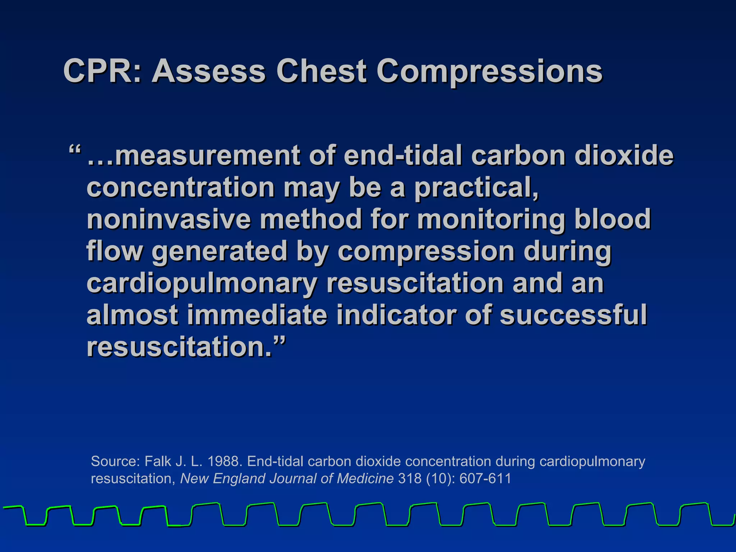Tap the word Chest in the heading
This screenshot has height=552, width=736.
coord(321,71)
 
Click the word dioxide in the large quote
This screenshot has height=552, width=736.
coord(624,155)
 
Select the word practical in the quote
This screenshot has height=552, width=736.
coord(476,188)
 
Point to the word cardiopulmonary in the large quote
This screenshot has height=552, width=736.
coord(202,283)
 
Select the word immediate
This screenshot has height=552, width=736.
coord(257,315)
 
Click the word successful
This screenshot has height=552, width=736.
coord(573,315)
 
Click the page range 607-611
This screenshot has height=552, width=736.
coord(485,478)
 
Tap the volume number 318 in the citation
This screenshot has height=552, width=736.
coord(410,478)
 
